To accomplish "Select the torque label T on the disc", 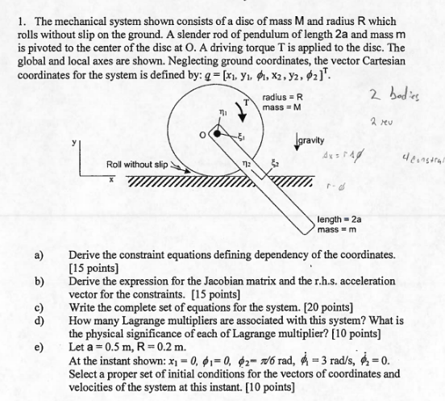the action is coord(243,102).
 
